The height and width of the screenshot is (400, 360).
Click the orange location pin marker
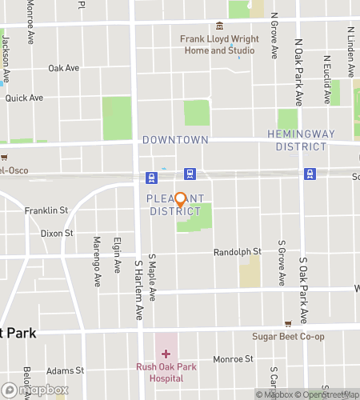180,200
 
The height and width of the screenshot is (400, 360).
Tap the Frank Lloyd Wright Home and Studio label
217,44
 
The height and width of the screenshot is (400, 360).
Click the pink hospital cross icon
166,354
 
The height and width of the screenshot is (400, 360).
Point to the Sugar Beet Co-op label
288,337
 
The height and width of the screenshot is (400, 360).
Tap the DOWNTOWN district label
175,140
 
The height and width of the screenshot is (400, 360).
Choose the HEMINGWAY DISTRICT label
297,140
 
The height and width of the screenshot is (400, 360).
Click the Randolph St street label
237,252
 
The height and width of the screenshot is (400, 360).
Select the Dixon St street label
57,234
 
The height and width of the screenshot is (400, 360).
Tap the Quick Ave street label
23,98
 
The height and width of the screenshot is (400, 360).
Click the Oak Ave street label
63,69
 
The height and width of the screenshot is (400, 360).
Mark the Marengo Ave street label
97,272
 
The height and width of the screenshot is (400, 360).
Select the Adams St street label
66,370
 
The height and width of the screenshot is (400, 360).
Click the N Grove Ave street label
274,36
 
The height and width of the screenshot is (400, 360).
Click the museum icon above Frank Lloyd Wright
219,24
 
